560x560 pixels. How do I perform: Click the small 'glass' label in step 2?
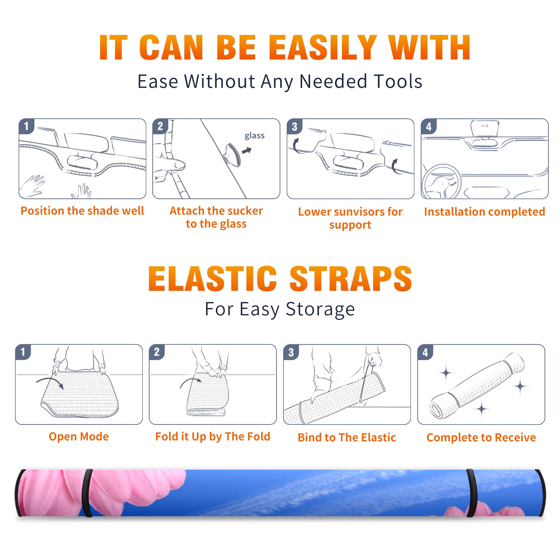(254, 136)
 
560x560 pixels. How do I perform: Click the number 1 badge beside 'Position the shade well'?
(27, 126)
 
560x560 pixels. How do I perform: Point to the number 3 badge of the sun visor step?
(294, 126)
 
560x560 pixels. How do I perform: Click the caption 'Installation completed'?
(484, 211)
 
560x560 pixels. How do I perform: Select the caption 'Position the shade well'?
(82, 211)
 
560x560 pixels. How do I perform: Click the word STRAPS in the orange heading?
(351, 279)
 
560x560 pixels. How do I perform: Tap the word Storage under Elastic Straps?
(320, 309)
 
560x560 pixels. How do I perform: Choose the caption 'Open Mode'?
(79, 436)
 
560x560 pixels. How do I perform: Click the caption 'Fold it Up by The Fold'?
(213, 436)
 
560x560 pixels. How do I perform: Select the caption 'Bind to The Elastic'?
(347, 437)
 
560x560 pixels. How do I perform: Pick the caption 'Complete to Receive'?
(481, 437)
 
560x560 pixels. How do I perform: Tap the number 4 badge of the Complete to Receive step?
(425, 352)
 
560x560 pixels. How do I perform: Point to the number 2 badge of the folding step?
(157, 352)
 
